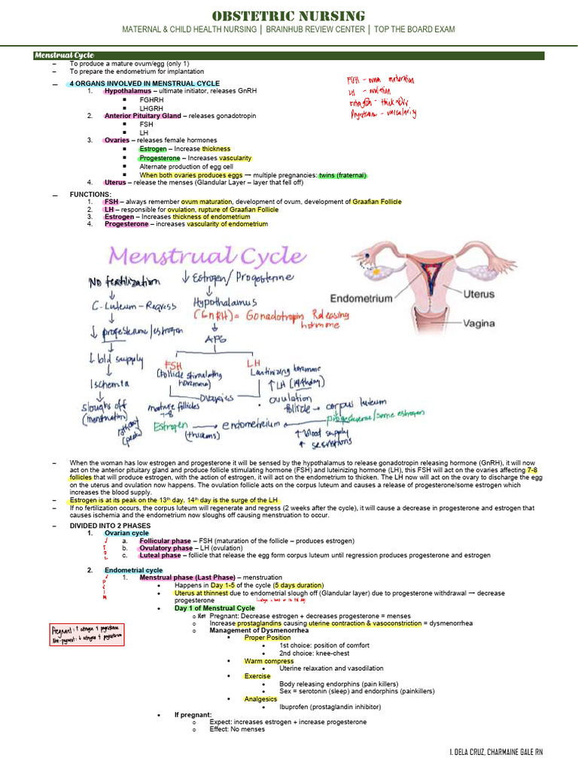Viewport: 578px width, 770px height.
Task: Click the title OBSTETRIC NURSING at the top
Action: [x=289, y=16]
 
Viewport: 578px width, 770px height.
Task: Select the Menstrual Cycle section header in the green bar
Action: [x=63, y=56]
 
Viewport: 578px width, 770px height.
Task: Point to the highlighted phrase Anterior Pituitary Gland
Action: [x=142, y=116]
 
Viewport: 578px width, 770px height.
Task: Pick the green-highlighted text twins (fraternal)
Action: [x=342, y=174]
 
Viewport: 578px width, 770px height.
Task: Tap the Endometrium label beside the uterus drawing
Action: [x=362, y=298]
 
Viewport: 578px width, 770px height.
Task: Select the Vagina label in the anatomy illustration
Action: [x=479, y=323]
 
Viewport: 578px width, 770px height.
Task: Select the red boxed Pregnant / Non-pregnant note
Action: [x=87, y=633]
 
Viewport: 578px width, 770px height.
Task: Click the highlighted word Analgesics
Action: [x=260, y=699]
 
